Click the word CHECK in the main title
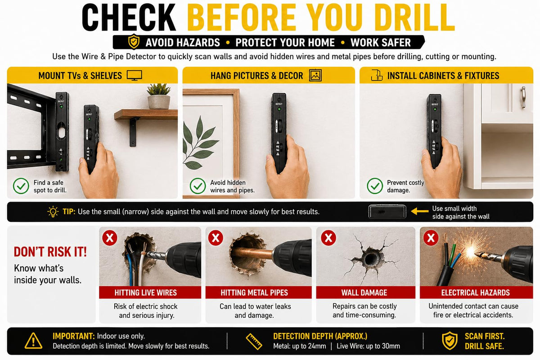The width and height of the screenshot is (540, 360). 129,18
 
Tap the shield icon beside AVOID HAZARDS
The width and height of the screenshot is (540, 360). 134,42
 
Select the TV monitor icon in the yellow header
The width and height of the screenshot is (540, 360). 134,76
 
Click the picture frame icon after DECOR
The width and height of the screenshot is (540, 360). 315,76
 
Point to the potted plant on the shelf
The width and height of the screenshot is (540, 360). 158,96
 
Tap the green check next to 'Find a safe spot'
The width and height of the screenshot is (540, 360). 21,186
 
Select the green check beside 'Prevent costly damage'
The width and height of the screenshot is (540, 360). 374,186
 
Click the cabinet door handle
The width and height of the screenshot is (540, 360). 523,97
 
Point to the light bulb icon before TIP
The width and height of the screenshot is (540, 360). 53,211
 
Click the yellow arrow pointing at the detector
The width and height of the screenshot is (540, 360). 420,211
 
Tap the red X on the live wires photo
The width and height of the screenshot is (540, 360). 110,238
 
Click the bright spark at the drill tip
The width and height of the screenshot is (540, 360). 471,252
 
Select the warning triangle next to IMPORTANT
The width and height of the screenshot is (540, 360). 33,341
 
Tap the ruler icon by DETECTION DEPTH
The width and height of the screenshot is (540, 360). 254,342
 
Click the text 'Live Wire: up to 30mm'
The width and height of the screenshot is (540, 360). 368,346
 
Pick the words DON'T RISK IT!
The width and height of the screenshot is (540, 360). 50,252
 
